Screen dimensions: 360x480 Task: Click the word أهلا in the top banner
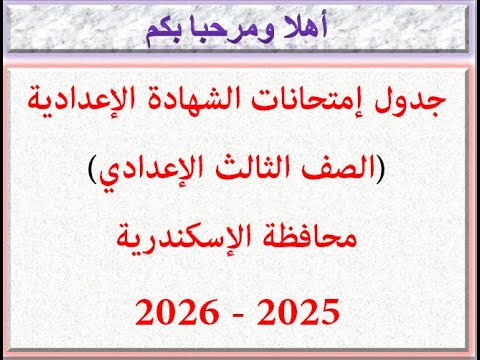coord(302,30)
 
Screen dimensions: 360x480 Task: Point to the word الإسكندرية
coord(190,240)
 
